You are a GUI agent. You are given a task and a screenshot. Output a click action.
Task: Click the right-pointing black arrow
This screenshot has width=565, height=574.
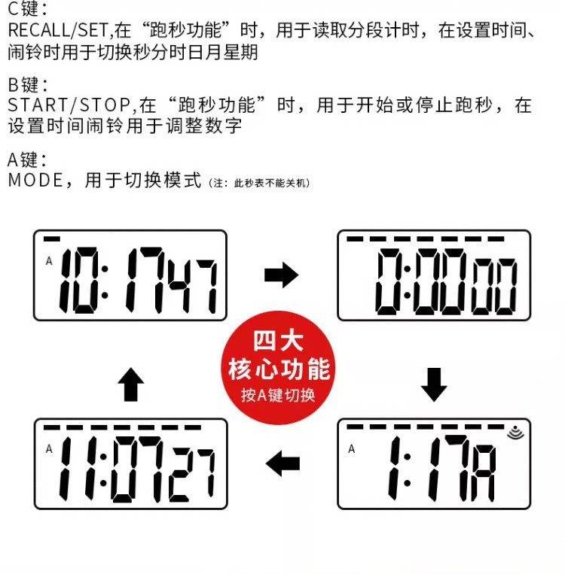coord(281,276)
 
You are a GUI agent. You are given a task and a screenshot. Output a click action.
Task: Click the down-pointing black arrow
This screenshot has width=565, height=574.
coord(433,384)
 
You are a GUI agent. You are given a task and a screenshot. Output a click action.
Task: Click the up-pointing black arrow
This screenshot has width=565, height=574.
coord(131,385)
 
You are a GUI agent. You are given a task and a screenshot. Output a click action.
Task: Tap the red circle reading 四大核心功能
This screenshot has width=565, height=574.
coord(279,366)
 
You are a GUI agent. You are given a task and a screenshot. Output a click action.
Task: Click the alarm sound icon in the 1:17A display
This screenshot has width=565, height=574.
coord(515,433)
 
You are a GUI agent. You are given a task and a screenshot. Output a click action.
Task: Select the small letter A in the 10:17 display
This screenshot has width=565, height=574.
coord(48,261)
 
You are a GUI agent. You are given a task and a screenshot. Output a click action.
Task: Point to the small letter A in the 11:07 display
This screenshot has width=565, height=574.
coord(49,449)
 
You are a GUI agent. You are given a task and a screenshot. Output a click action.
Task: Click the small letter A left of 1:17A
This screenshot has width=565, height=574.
coord(351,449)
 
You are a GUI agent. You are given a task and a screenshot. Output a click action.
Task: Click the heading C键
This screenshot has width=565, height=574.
coord(27,10)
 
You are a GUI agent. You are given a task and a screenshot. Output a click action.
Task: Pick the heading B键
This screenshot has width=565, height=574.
coord(27,84)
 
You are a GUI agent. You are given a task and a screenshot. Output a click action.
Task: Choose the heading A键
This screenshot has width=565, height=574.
coord(27,159)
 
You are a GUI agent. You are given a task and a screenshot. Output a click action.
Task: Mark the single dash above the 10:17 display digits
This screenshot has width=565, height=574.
coord(52,239)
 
